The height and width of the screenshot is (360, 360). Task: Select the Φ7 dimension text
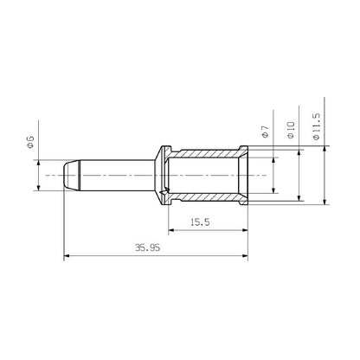pyautogui.click(x=264, y=132)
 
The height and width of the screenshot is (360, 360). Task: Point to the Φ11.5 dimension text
pyautogui.click(x=316, y=127)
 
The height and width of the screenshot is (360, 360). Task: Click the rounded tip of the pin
pyautogui.click(x=68, y=176)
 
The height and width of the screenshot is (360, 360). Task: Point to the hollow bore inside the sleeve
pyautogui.click(x=208, y=176)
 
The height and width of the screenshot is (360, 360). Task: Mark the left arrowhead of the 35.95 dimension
pyautogui.click(x=68, y=256)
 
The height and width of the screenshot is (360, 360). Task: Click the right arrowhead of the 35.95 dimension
pyautogui.click(x=247, y=256)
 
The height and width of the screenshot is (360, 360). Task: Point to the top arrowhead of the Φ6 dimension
pyautogui.click(x=38, y=162)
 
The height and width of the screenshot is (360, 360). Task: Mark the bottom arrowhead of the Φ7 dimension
pyautogui.click(x=273, y=192)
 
